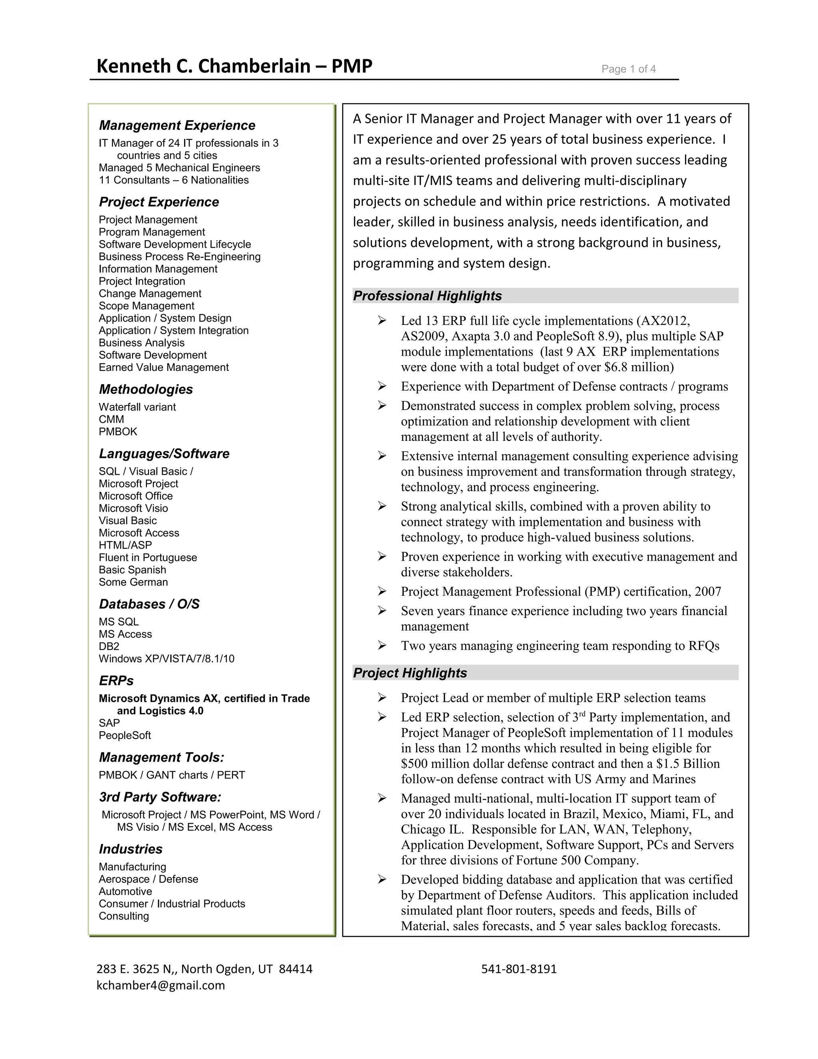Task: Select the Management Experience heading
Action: tap(177, 125)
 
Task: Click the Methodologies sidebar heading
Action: tap(145, 389)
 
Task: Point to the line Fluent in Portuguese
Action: tap(148, 557)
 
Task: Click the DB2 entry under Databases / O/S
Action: tap(109, 646)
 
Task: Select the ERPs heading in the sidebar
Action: tap(116, 681)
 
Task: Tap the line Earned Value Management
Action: tap(163, 368)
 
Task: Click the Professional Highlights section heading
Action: tap(427, 296)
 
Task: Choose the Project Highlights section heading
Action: tap(409, 673)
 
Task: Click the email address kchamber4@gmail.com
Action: tap(161, 985)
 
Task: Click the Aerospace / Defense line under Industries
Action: tap(148, 879)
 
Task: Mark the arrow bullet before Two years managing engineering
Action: tap(382, 645)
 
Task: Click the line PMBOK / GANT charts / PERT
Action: tap(171, 775)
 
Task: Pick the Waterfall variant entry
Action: tap(137, 407)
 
